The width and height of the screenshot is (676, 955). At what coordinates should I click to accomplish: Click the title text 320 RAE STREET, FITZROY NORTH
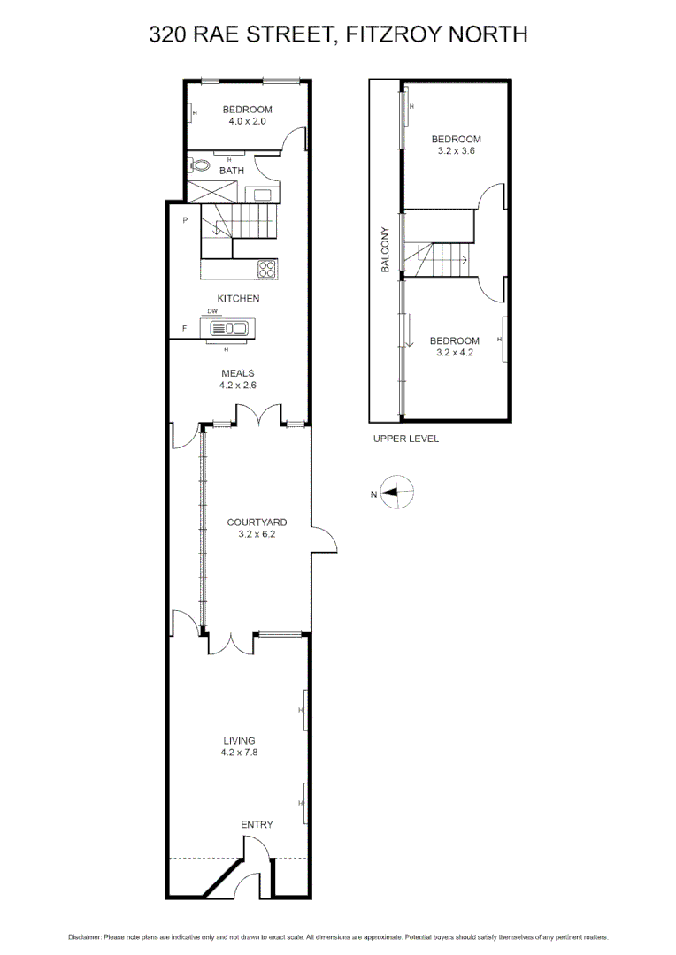(338, 34)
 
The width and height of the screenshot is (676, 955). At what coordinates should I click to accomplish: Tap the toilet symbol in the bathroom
(199, 165)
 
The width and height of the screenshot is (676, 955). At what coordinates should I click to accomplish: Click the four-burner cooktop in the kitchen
(267, 268)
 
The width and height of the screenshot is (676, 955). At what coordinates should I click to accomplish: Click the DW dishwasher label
(212, 311)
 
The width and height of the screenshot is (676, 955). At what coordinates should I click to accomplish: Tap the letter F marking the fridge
(185, 329)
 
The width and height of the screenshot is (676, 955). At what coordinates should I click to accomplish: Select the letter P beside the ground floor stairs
(185, 220)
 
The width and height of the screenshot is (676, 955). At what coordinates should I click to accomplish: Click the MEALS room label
(237, 374)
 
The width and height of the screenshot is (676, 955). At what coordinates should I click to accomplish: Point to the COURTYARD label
(257, 523)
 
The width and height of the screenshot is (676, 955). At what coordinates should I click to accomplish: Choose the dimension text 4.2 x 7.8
(239, 753)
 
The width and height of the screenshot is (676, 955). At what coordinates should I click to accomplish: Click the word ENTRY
(257, 824)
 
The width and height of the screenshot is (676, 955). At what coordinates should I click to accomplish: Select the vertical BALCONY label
(385, 249)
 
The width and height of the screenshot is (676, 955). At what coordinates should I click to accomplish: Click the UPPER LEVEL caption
(405, 439)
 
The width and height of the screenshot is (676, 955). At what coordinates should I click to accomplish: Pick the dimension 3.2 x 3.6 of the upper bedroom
(456, 151)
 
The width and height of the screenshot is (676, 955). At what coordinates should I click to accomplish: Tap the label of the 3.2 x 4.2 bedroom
(454, 340)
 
